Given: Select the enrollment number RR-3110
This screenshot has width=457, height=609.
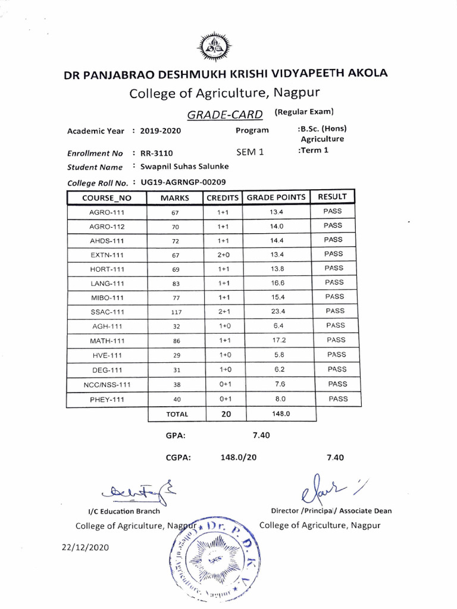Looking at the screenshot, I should click(156, 153).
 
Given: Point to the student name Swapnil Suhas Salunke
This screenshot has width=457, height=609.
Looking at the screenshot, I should click(180, 167).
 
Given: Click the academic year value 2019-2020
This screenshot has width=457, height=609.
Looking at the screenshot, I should click(161, 131).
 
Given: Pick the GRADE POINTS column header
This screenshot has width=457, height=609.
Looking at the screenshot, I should click(276, 197).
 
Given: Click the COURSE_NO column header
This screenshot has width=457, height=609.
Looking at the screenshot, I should click(107, 198).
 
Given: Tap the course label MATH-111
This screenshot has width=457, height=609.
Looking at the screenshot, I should click(107, 340).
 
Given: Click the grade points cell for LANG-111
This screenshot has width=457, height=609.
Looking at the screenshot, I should click(277, 283).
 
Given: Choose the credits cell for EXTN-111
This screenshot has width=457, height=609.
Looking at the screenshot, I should click(223, 255).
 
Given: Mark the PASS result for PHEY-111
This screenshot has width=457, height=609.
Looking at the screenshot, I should click(338, 398).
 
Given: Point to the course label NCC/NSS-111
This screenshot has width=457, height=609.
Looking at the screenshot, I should click(107, 385).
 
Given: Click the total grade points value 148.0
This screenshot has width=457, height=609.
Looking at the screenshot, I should click(277, 413).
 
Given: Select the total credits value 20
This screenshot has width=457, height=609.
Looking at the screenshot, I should click(226, 414).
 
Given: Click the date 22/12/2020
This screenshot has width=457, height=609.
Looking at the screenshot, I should click(85, 547).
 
